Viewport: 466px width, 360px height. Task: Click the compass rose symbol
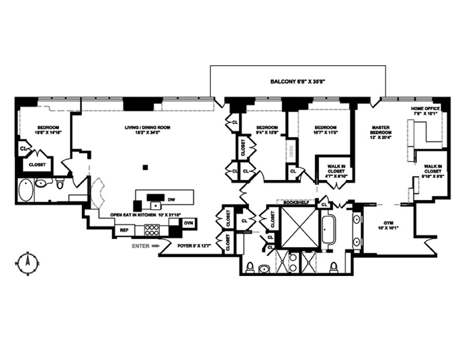coord(28,261)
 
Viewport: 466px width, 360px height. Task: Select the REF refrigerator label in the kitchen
coord(124,230)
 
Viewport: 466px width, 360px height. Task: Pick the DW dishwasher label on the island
coord(171,199)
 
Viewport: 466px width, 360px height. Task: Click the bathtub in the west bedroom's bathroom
coord(25,191)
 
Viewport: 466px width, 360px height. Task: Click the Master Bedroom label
coord(381,131)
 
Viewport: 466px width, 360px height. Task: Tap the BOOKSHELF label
coord(296,201)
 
